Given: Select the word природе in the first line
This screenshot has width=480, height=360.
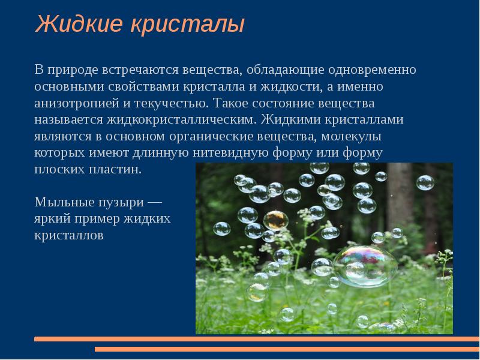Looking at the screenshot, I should (74, 70).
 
